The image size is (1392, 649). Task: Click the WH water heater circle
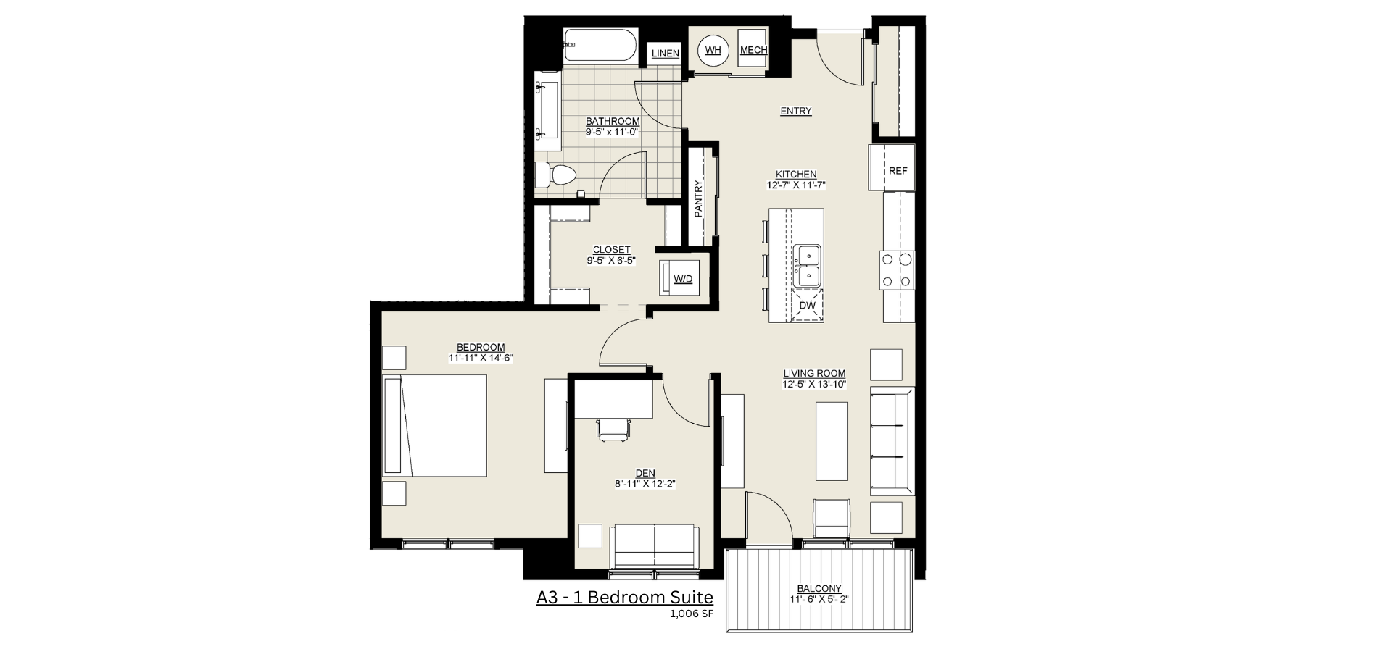pos(713,50)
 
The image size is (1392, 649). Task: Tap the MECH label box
pos(753,50)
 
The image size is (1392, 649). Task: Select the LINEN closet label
pos(665,54)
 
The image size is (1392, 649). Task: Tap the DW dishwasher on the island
pos(808,306)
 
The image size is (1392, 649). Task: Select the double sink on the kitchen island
pos(807,266)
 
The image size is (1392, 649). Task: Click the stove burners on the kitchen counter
pos(896,270)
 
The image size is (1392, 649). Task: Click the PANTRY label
pos(699,198)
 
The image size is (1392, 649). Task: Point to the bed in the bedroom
pos(435,425)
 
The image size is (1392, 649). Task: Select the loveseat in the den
pos(655,547)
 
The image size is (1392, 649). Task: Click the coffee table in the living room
pos(832,442)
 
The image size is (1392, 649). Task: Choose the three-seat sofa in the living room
pos(892,441)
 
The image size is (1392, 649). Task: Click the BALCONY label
pos(819,589)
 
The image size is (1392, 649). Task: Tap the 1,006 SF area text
pos(692,615)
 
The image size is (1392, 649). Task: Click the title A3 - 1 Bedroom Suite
pos(625,598)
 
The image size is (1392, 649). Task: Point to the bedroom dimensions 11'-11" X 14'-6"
pos(481,358)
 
